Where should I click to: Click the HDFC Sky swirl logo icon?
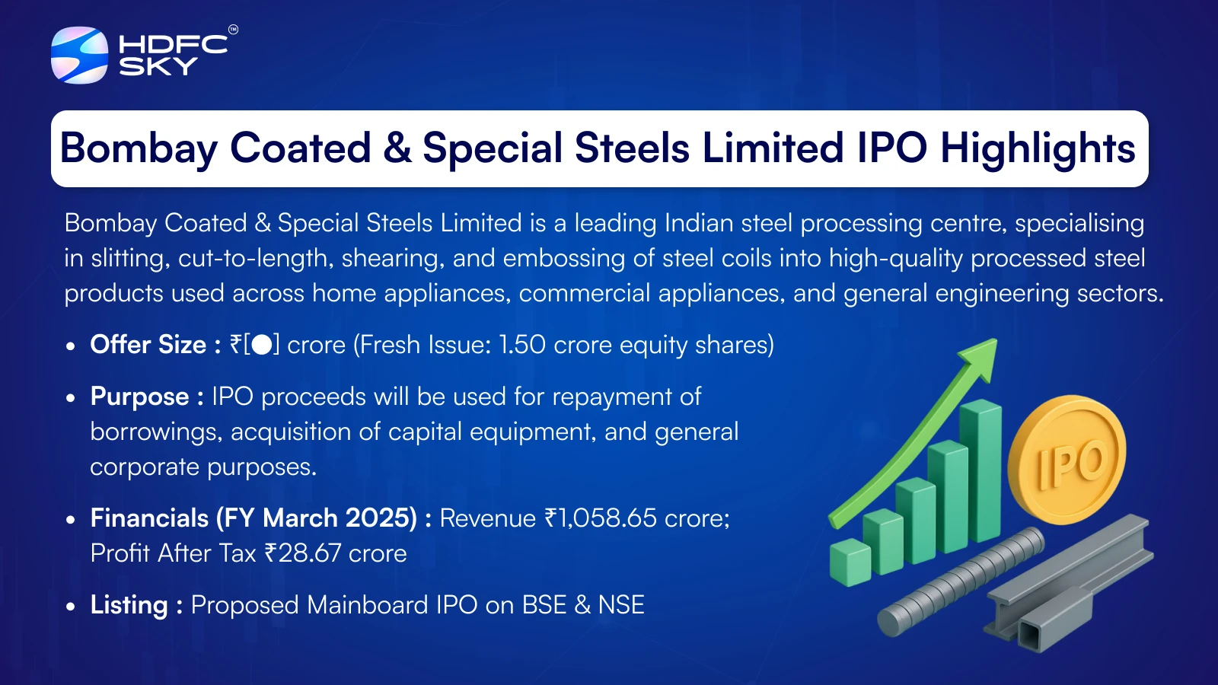point(79,55)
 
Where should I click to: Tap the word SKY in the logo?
point(158,66)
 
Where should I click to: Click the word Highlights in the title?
point(1038,148)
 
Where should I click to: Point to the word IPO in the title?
point(891,148)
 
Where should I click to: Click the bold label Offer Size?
point(148,345)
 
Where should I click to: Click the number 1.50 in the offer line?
point(522,345)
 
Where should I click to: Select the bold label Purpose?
point(140,397)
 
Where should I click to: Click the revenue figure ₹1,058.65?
point(601,518)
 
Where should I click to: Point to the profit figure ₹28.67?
point(303,553)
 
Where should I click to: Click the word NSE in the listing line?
point(621,605)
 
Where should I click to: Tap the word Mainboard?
point(367,605)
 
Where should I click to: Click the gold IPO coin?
point(1067,460)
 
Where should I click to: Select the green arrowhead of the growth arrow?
point(980,358)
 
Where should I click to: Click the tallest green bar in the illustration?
point(980,472)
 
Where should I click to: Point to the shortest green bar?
point(850,562)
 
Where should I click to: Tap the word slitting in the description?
point(127,259)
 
